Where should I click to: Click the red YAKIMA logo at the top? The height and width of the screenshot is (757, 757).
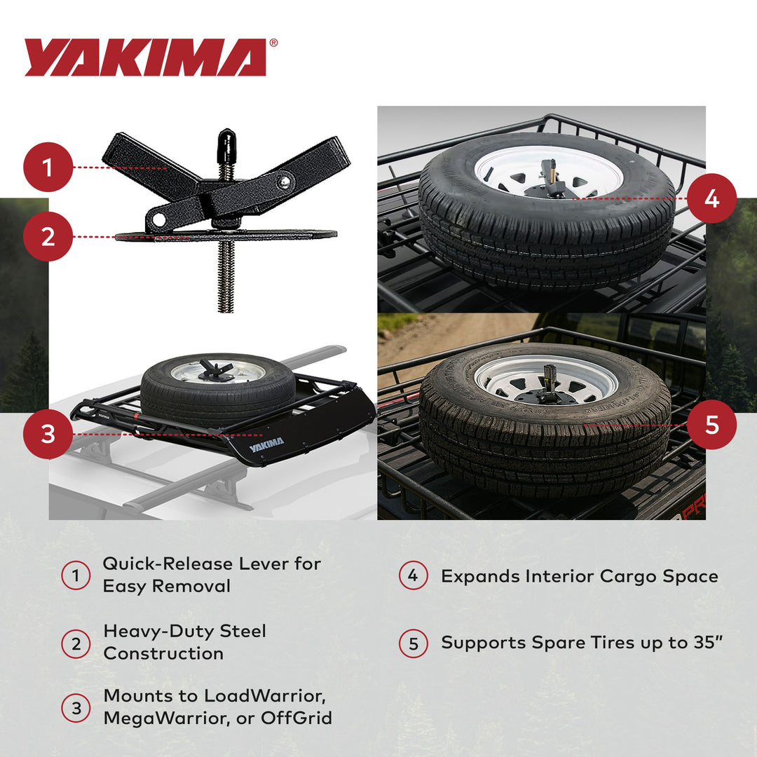(x=145, y=57)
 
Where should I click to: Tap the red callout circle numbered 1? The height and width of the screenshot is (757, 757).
(x=48, y=168)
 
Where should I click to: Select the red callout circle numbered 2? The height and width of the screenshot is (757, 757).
(x=48, y=237)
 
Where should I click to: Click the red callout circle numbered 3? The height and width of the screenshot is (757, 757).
(x=48, y=435)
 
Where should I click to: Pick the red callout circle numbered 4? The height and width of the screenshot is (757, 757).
(x=711, y=199)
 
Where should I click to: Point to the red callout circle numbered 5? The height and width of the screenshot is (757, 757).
(x=711, y=425)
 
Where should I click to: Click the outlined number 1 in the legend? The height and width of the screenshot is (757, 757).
(x=76, y=576)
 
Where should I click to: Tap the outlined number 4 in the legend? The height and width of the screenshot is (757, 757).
(x=413, y=576)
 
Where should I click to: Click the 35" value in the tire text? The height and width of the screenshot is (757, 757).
(x=707, y=643)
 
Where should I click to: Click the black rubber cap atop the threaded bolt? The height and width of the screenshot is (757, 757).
(x=226, y=143)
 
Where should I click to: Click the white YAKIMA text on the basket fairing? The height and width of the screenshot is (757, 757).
(x=266, y=442)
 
